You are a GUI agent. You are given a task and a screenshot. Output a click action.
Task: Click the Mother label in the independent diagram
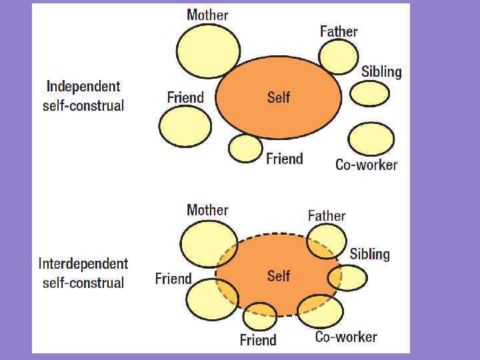(x=207, y=15)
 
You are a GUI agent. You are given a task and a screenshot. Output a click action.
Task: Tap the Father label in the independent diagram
(x=339, y=31)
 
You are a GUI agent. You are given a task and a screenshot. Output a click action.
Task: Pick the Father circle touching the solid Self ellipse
(x=339, y=56)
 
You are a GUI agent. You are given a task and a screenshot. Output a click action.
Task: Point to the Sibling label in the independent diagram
(x=381, y=71)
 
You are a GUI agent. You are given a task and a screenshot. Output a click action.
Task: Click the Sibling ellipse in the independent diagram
(x=370, y=94)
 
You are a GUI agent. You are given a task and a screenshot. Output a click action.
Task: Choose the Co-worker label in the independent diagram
(x=366, y=165)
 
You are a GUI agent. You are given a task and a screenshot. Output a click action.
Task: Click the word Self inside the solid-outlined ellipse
(x=279, y=97)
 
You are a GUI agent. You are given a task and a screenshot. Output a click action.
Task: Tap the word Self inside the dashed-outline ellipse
(x=279, y=275)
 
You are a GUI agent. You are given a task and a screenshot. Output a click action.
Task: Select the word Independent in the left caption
(x=83, y=86)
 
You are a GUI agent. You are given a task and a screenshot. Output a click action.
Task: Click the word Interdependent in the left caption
(x=83, y=263)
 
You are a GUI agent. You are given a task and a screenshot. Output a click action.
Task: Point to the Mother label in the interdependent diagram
(x=207, y=210)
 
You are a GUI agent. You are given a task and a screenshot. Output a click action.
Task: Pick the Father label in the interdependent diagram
(x=327, y=215)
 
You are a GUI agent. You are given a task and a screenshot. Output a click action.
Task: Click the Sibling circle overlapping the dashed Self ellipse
(x=349, y=277)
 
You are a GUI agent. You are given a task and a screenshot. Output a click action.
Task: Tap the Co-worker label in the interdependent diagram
(x=346, y=337)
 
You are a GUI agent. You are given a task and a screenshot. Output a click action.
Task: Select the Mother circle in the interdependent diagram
(x=209, y=244)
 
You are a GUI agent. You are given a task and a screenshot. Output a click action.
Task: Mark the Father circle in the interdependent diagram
(x=327, y=241)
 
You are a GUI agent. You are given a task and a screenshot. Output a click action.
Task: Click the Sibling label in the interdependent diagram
(x=369, y=253)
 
